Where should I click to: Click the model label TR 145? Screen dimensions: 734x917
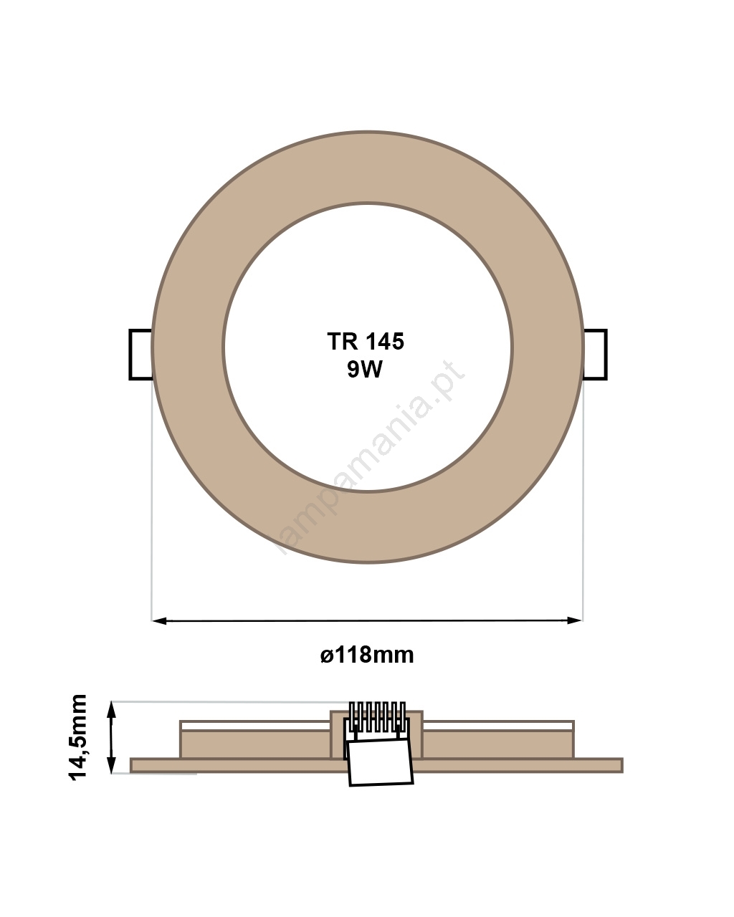point(366,341)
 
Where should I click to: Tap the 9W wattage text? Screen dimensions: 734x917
point(365,369)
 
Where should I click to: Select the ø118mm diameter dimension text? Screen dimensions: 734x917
point(367,655)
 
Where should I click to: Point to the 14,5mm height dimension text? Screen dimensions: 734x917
point(77,743)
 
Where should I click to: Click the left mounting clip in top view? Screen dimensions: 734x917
point(140,354)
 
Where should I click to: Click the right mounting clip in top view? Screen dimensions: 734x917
point(595,354)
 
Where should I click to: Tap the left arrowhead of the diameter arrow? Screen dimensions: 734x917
point(159,621)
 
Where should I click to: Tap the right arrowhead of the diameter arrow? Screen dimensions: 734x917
point(575,620)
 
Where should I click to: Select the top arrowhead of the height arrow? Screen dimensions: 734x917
point(111,709)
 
